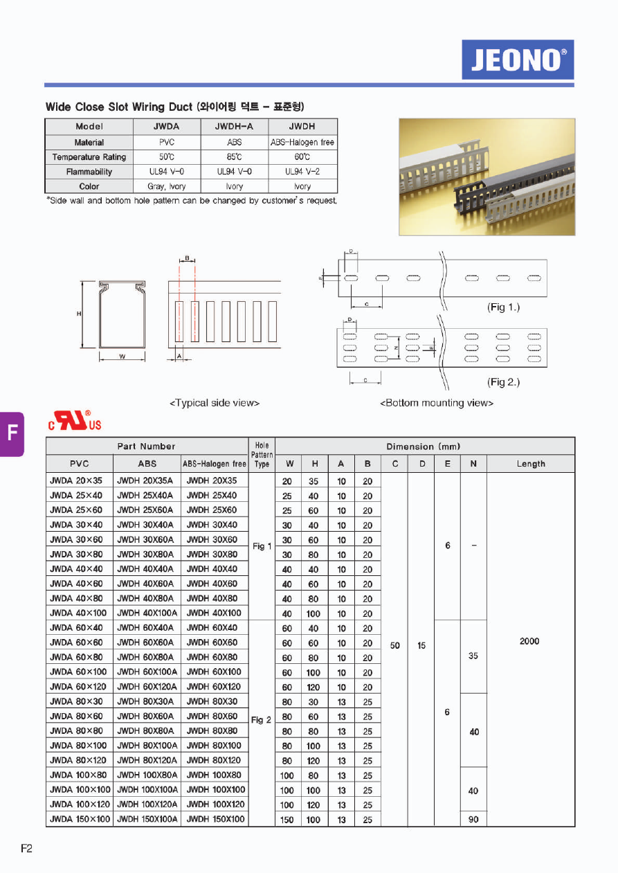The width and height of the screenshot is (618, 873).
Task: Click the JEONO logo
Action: [518, 60]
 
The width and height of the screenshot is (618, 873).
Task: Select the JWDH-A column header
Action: [235, 127]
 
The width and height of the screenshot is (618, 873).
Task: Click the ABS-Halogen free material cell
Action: [302, 142]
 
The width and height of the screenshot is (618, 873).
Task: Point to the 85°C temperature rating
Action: [235, 157]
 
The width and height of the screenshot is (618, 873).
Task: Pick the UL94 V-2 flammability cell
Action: [302, 172]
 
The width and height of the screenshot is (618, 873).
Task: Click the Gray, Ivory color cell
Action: [166, 186]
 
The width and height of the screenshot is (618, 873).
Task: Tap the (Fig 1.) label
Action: [503, 307]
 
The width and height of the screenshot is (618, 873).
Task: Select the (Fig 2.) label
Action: [503, 382]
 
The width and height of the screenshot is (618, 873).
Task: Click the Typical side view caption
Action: [215, 403]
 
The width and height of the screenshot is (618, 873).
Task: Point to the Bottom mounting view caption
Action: [437, 403]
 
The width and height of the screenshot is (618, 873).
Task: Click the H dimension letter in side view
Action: [80, 314]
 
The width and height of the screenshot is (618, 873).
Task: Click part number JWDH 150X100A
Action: [147, 819]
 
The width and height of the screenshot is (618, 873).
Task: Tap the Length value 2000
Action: [529, 641]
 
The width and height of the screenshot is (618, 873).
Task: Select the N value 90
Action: [473, 820]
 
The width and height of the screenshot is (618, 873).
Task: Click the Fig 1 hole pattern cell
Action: [262, 546]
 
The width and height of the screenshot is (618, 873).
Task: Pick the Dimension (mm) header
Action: [423, 447]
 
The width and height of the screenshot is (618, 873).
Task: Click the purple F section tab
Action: [12, 433]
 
